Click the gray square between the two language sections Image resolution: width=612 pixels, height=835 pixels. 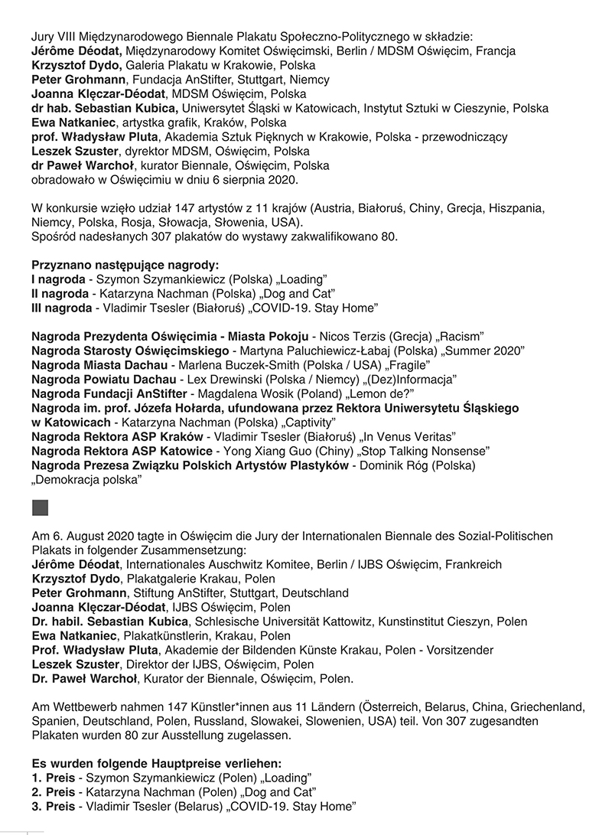pos(40,507)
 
